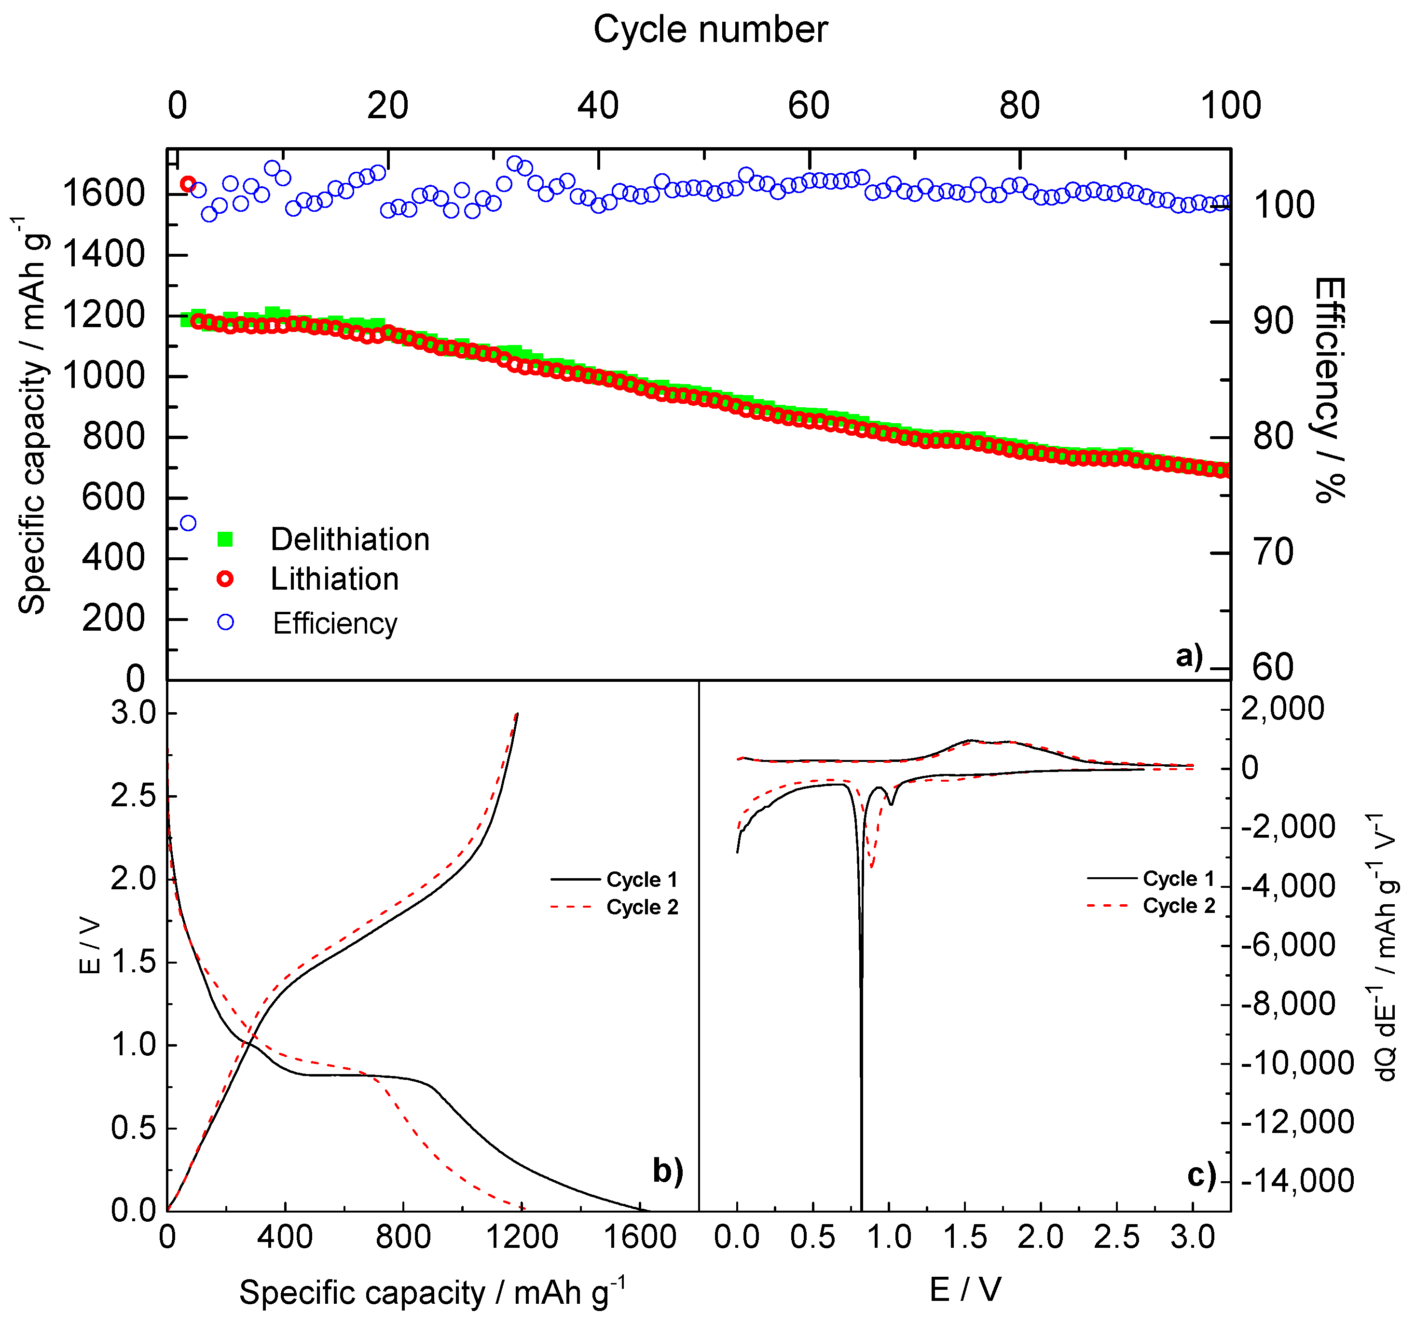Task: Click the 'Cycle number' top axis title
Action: (x=710, y=30)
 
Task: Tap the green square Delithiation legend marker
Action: (x=225, y=539)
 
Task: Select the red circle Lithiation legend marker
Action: (x=225, y=579)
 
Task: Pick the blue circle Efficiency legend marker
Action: (x=225, y=622)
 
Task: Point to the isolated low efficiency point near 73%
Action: (x=188, y=524)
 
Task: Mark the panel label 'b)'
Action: (x=667, y=1171)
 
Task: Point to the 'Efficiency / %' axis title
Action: (x=1330, y=390)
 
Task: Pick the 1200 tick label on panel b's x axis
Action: (x=522, y=1237)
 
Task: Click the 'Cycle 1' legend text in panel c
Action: (x=1179, y=878)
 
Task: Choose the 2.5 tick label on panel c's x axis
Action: (x=1116, y=1237)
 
